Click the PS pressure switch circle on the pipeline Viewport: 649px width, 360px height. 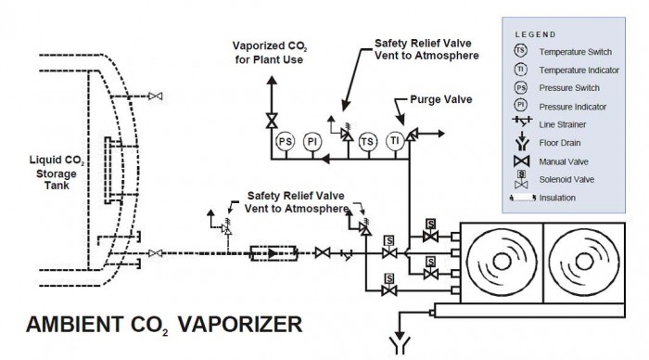tap(285, 140)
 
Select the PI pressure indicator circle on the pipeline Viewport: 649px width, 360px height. tap(312, 140)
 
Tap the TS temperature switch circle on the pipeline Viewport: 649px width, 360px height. tap(367, 140)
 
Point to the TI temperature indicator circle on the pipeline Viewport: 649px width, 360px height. tap(394, 140)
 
